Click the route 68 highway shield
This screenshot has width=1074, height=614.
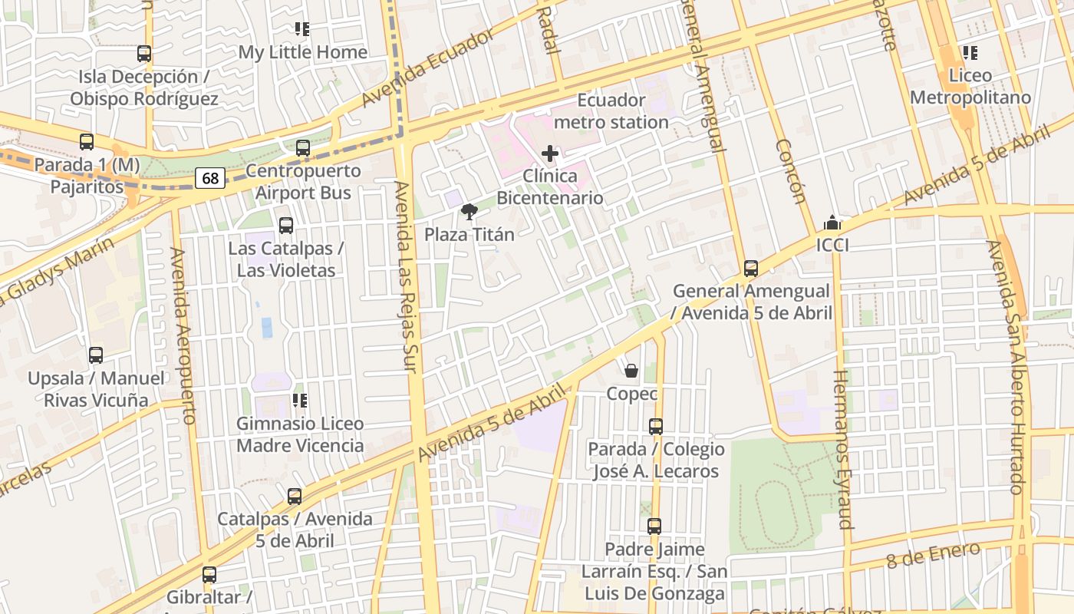coord(210,179)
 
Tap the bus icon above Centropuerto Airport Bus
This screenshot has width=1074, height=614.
coord(303,148)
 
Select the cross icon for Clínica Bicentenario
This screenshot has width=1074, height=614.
coord(550,153)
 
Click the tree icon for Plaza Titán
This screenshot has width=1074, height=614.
coord(469,212)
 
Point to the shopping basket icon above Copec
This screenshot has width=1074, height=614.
coord(631,371)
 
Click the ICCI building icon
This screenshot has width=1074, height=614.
coord(832,223)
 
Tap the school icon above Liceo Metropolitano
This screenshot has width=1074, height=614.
coord(970,53)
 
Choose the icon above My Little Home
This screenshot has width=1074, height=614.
coord(302,30)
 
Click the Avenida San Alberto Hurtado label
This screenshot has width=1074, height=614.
coord(1006,367)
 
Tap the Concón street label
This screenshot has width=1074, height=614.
coord(790,171)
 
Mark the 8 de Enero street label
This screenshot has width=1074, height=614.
coord(933,555)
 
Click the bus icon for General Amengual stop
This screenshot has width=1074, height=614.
coord(751,269)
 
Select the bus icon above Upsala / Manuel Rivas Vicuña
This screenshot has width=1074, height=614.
coord(96,355)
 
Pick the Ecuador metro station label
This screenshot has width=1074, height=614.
coord(611,111)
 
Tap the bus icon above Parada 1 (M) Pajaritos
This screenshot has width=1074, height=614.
coord(87,142)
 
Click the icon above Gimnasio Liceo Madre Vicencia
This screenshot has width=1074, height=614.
coord(299,401)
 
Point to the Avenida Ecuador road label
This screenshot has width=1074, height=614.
coord(427,69)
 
